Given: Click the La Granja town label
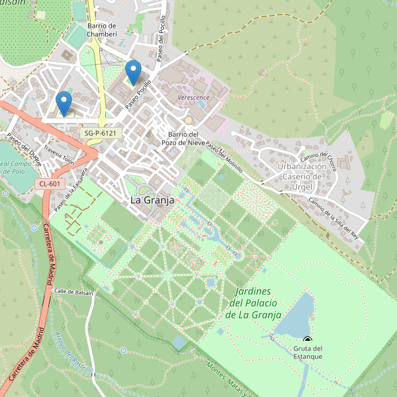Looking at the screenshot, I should click(152, 199).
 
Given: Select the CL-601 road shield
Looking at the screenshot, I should click(50, 184).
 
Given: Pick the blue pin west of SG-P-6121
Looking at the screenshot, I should click(64, 103).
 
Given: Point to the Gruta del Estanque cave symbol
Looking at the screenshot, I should click(307, 339).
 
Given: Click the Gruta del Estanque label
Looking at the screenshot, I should click(308, 353).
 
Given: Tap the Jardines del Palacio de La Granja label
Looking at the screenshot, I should click(254, 303).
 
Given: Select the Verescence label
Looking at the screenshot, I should click(194, 97).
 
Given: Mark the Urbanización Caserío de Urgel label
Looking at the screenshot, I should click(302, 177).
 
